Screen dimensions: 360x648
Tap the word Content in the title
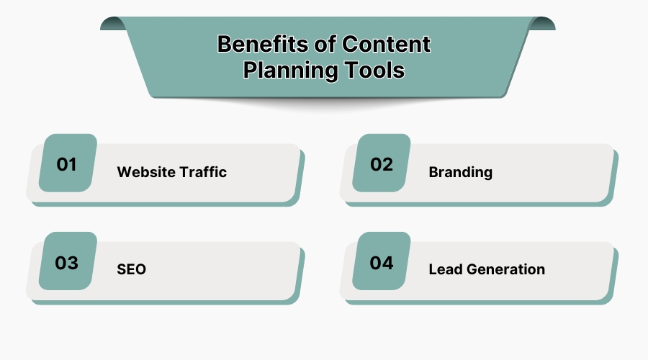pos(386,45)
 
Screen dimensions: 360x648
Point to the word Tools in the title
pos(372,71)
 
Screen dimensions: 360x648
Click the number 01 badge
pos(67,164)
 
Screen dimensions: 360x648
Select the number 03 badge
pos(67,263)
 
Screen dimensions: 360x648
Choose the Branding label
pos(460,172)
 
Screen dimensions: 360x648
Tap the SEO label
pos(131,270)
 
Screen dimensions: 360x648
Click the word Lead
pos(445,270)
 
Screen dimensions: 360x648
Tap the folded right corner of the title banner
pos(542,23)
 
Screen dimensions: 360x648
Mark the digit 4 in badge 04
pos(388,263)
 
